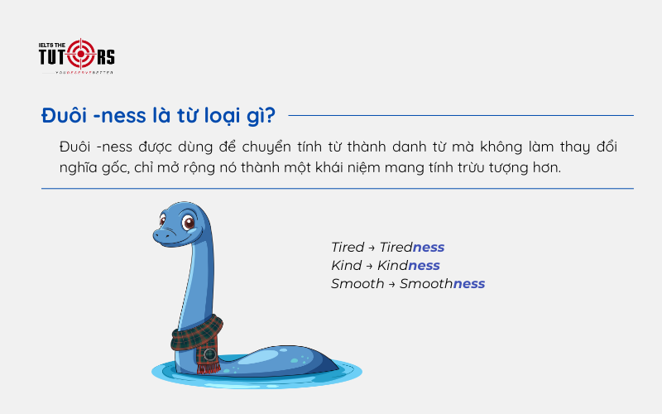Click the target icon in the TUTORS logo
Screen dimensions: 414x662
pyautogui.click(x=80, y=54)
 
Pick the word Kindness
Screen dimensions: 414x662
pyautogui.click(x=409, y=266)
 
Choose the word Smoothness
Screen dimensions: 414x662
pyautogui.click(x=442, y=284)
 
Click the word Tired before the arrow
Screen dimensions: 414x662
pyautogui.click(x=348, y=248)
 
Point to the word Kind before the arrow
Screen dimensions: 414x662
pyautogui.click(x=346, y=266)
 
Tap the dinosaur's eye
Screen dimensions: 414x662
pyautogui.click(x=189, y=223)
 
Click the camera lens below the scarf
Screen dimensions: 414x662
pyautogui.click(x=210, y=355)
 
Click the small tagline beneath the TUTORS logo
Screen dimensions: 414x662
pyautogui.click(x=83, y=73)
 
